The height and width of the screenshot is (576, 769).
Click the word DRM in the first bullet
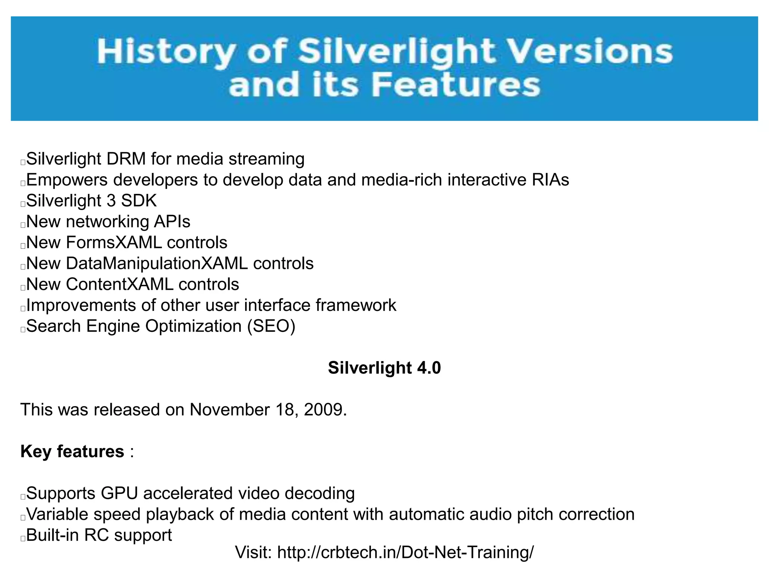(126, 159)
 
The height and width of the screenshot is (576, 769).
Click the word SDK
(139, 201)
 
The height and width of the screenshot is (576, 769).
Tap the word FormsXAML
(114, 243)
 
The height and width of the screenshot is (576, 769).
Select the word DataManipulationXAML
(157, 264)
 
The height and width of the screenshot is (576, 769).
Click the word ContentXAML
(120, 284)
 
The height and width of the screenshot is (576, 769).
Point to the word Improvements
(81, 306)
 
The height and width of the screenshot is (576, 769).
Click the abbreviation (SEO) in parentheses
(271, 326)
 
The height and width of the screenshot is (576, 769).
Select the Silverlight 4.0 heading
(384, 368)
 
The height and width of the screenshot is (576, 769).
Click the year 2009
(323, 410)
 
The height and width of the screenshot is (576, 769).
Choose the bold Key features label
(72, 451)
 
